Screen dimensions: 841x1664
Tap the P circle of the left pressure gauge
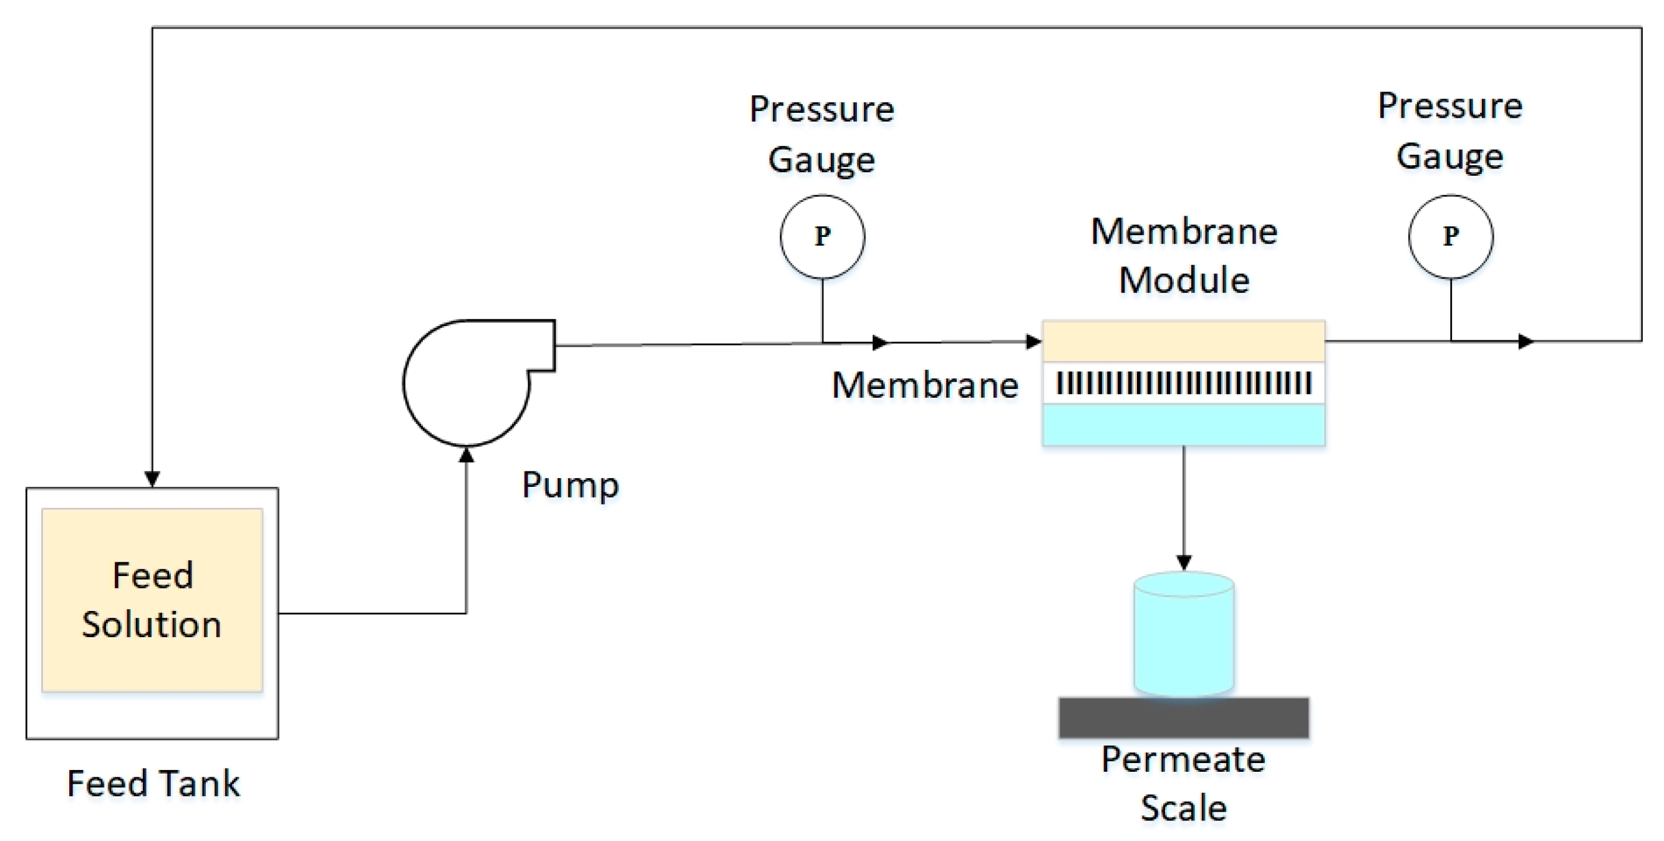click(x=822, y=236)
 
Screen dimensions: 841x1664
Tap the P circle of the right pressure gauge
click(x=1451, y=236)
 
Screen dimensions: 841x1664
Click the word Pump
click(x=571, y=485)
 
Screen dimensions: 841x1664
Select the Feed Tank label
click(x=153, y=784)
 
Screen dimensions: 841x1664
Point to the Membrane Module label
click(x=1184, y=256)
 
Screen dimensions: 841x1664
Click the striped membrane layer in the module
click(x=1183, y=383)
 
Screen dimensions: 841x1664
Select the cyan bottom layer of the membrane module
click(x=1183, y=425)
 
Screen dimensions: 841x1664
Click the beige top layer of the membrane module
click(x=1183, y=341)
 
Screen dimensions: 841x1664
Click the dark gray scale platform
click(x=1183, y=717)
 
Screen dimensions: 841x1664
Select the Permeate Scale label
click(x=1183, y=784)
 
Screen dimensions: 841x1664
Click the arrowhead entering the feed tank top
click(x=152, y=479)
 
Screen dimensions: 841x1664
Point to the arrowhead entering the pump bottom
click(x=467, y=455)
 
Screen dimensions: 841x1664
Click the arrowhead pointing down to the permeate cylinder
click(x=1183, y=562)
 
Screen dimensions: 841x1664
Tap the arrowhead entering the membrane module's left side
click(x=1033, y=341)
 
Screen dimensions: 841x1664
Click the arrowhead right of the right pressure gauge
click(x=1526, y=341)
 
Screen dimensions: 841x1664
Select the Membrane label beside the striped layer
click(x=925, y=386)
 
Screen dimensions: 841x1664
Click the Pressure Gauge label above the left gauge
click(x=821, y=133)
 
